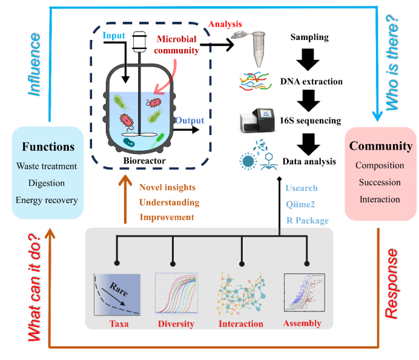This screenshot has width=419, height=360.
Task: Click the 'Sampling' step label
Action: (309, 37)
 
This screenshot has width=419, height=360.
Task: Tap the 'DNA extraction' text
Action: (311, 81)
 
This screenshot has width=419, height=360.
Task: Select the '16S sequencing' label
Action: (310, 121)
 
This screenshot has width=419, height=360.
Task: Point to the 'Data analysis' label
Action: (309, 162)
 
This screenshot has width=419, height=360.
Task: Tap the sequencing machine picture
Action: (257, 121)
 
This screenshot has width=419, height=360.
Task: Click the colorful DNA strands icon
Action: (255, 81)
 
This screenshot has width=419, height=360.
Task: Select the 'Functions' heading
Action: (48, 147)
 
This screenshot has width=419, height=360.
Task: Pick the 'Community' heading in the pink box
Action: (381, 146)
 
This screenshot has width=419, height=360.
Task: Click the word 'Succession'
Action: (380, 182)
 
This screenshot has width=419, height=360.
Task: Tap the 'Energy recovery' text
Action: (47, 201)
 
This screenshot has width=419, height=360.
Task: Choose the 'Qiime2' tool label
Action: (300, 205)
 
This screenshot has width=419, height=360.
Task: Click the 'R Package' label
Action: (308, 221)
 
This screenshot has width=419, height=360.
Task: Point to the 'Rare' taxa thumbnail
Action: (117, 295)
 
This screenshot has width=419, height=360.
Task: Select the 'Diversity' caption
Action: (176, 324)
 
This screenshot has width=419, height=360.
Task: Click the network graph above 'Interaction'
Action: (241, 294)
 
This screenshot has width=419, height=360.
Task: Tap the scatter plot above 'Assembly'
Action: (305, 292)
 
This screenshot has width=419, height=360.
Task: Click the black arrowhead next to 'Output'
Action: (196, 130)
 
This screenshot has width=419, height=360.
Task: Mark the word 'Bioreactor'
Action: (144, 161)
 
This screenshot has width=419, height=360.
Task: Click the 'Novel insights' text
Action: (167, 187)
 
